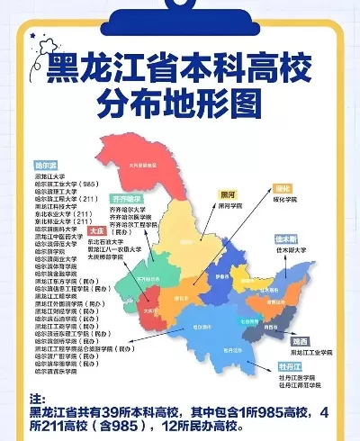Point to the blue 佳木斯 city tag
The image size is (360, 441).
287,239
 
